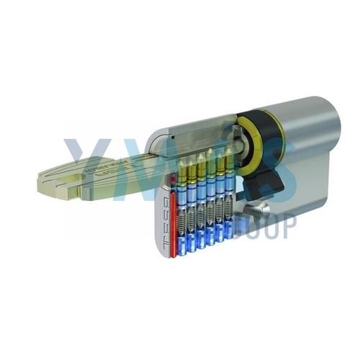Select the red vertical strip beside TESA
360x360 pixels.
coord(173,217)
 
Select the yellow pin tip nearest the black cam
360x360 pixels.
coord(230,157)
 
